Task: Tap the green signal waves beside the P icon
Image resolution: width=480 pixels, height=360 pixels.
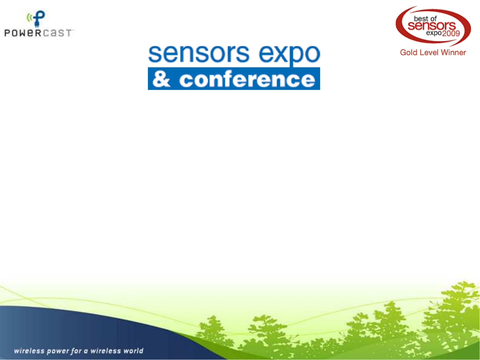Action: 29,18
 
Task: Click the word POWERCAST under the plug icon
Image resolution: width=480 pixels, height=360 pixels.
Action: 38,33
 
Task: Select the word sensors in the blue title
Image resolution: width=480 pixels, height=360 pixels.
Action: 199,54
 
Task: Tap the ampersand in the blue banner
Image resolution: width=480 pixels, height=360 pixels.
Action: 161,79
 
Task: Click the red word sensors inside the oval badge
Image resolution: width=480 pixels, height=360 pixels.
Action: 432,26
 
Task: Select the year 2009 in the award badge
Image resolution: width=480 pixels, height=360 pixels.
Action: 451,33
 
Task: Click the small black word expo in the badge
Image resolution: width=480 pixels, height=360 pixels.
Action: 434,33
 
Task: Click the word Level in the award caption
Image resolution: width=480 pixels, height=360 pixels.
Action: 429,53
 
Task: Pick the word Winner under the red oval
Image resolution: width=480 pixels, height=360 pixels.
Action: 453,53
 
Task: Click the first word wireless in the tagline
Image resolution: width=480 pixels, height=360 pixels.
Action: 29,351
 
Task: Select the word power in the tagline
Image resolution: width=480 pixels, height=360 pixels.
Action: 58,351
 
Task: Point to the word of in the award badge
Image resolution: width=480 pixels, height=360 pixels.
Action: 433,19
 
